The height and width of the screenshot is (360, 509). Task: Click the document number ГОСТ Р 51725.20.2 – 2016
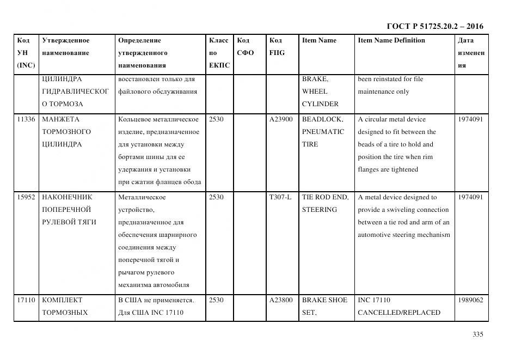tap(434, 26)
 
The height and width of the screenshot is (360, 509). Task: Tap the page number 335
tap(478, 334)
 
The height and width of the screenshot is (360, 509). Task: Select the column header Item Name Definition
tap(391, 40)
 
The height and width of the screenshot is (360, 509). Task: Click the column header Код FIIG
tap(277, 47)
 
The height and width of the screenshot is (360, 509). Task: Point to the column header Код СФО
tap(245, 47)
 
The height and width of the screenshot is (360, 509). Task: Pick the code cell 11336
tap(26, 119)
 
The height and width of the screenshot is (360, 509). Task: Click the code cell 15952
tap(26, 197)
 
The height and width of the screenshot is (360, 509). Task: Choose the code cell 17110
tap(26, 300)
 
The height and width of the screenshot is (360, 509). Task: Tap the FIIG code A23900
tap(281, 119)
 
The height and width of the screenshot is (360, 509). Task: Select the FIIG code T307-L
tap(280, 197)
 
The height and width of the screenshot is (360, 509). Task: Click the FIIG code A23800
tap(281, 300)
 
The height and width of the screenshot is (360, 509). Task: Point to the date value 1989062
tap(470, 300)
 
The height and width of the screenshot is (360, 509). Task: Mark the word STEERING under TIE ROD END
tap(320, 210)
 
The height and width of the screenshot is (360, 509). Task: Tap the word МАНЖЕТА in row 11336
tap(60, 119)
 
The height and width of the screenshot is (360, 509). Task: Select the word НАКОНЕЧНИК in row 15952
tap(67, 197)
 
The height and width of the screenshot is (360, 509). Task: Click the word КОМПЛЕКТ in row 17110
tap(62, 300)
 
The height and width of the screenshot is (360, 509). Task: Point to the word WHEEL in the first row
tap(315, 91)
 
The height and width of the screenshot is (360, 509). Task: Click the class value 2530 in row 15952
tap(216, 197)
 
